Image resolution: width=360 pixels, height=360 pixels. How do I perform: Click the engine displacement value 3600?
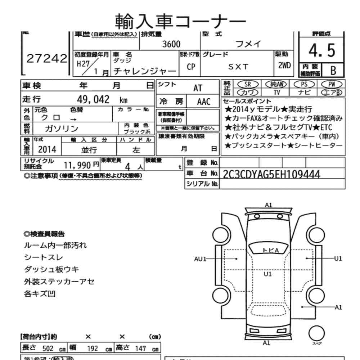tap(171, 44)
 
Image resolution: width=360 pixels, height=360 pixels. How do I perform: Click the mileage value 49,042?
tap(93, 100)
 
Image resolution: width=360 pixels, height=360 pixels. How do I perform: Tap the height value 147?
tap(140, 348)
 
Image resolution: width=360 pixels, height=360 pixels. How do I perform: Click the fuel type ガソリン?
tap(62, 128)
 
